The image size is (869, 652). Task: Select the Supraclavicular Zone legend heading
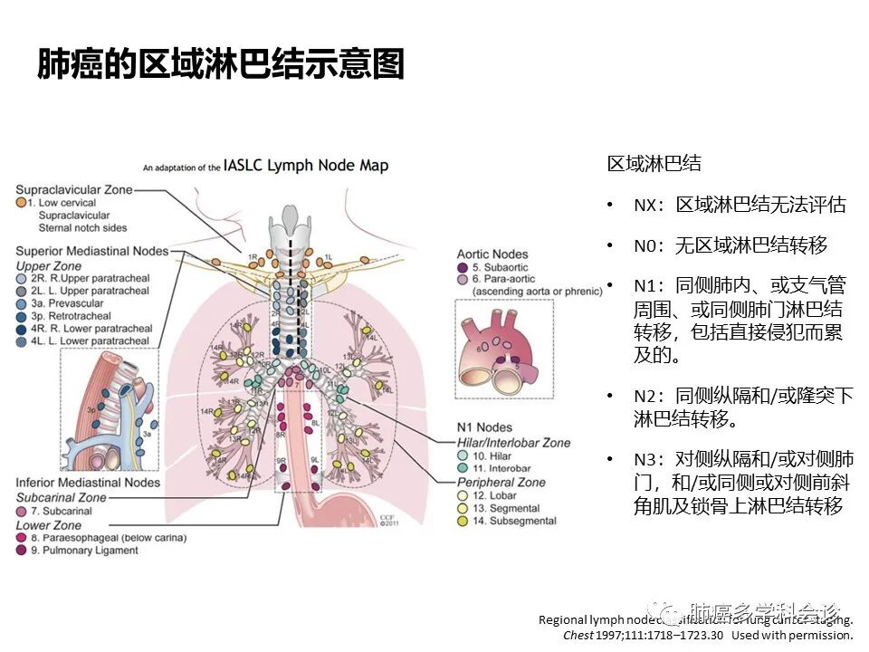(x=74, y=190)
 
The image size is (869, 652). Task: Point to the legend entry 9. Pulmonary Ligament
(x=86, y=550)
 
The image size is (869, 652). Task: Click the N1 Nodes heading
(x=484, y=427)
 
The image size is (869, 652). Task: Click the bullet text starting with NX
(x=740, y=206)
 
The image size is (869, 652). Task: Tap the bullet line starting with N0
(x=731, y=245)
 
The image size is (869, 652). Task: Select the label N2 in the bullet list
(x=645, y=397)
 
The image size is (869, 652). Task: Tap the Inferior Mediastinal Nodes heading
(x=88, y=483)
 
